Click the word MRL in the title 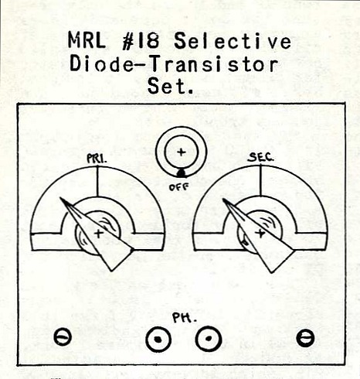pos(87,41)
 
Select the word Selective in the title pos(233,41)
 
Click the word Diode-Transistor pos(174,63)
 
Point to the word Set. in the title pos(170,86)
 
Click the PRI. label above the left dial pos(97,159)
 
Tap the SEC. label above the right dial pos(260,157)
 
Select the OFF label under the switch pos(179,187)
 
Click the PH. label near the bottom pos(185,318)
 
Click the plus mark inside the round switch pos(182,152)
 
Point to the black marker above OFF pos(181,173)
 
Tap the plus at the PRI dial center pos(98,234)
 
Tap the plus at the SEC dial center pos(260,234)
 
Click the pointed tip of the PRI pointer pos(60,198)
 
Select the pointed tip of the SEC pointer pos(223,199)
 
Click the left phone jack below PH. pos(158,340)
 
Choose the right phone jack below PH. pos(209,339)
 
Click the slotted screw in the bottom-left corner pos(63,336)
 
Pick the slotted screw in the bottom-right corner pos(305,338)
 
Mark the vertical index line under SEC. pos(260,179)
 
